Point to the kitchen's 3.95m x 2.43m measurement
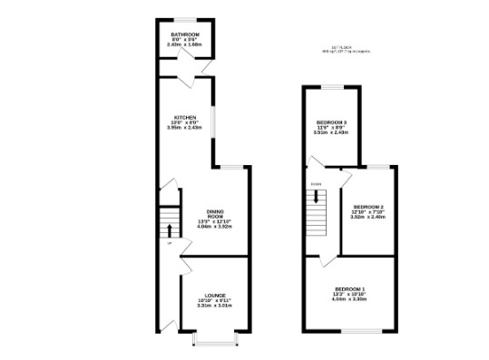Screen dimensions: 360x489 pyautogui.click(x=185, y=127)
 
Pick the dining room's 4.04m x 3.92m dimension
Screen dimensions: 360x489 pyautogui.click(x=215, y=226)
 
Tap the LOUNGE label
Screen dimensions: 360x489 pyautogui.click(x=215, y=296)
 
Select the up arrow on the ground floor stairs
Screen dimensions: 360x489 pyautogui.click(x=169, y=227)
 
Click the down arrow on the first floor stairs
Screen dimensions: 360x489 pyautogui.click(x=316, y=194)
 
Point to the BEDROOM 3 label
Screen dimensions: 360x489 pyautogui.click(x=332, y=122)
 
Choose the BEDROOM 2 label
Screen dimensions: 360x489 pyautogui.click(x=368, y=207)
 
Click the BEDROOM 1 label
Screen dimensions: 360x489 pyautogui.click(x=349, y=288)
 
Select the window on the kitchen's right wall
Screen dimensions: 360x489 pyautogui.click(x=214, y=122)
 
